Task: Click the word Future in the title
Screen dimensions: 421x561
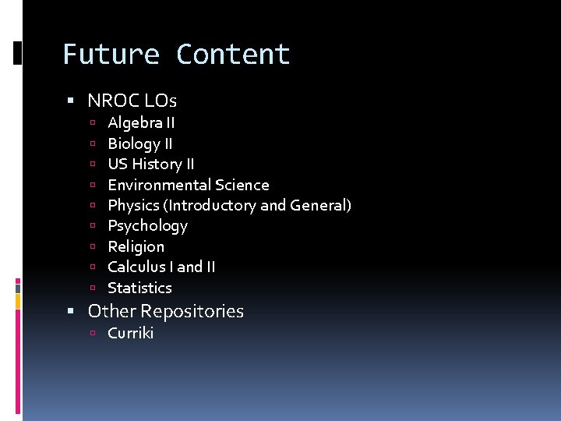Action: pos(111,55)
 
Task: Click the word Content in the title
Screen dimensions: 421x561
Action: pos(233,55)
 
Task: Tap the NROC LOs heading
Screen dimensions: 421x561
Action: pos(132,101)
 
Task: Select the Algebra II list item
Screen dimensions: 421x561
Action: pos(141,122)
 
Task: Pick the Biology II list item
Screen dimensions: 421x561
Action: pos(140,143)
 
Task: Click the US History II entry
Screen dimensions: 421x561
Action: pos(151,164)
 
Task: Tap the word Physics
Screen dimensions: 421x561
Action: pos(132,205)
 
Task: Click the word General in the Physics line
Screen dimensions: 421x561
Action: pos(318,205)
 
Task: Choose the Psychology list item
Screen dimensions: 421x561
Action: pos(147,226)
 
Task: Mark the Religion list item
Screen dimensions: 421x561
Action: pos(136,246)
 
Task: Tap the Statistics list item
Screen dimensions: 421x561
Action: pos(139,288)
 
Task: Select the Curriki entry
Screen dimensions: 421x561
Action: pos(130,333)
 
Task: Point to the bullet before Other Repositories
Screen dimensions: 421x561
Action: pos(71,312)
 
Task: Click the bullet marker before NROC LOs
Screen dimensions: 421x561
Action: pos(71,101)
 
